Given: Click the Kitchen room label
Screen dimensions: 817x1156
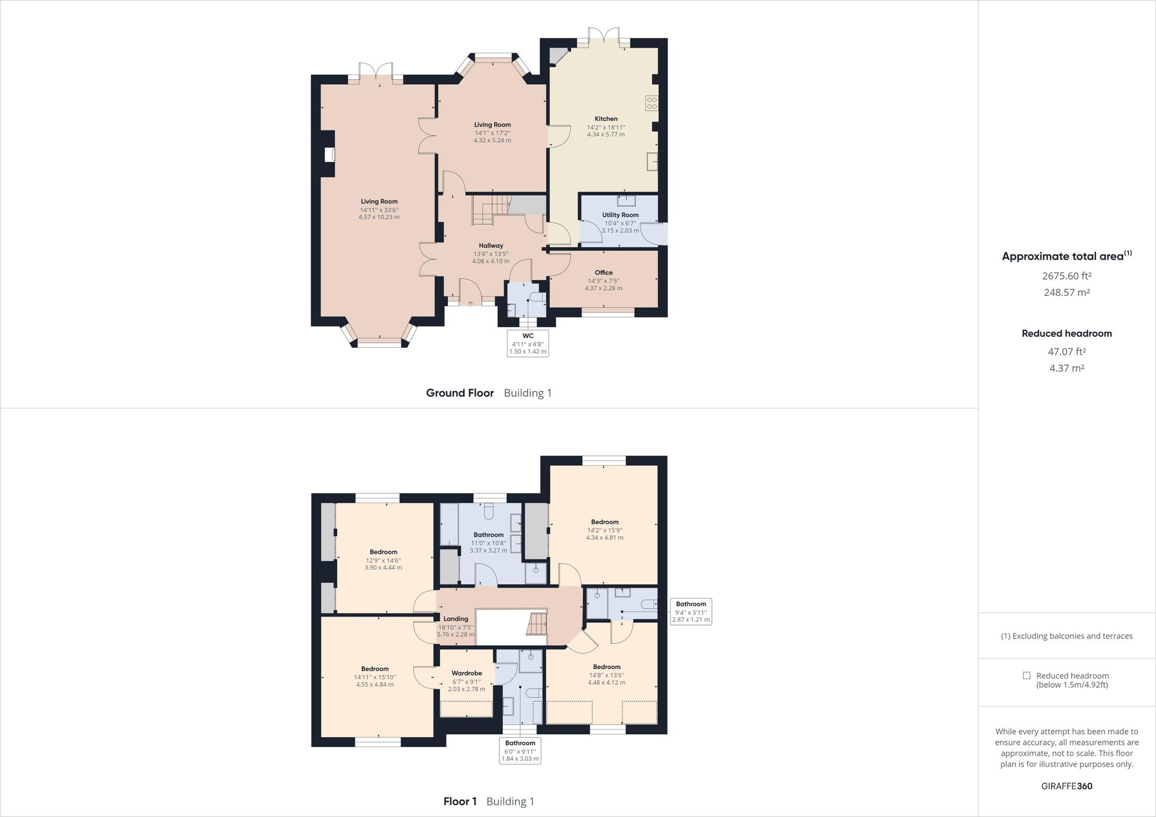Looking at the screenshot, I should coord(606,118).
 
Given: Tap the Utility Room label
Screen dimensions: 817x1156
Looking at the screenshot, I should coord(620,215).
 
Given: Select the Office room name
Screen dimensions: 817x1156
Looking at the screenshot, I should coord(603,273).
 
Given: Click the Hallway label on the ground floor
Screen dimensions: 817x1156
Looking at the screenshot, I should coord(491,246).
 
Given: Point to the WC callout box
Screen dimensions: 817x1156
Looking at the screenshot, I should coord(528,343).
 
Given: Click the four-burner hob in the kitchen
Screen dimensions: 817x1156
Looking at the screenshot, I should coord(652,103).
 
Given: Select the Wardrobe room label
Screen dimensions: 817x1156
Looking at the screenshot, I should coord(466,673).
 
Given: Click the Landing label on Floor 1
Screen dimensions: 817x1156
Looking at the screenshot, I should coord(455,619).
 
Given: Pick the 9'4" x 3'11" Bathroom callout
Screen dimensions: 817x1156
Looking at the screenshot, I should coord(691,612).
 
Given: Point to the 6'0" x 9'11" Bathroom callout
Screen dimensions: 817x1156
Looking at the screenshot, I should coord(520,751).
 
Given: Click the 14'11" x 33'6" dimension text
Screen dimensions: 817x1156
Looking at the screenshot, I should coord(379,210).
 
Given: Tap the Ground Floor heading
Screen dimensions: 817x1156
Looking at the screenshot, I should coord(460,393).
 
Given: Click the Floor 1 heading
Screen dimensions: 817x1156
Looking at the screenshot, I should coord(460,801).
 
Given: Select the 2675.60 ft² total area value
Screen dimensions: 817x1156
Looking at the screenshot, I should coord(1066,276).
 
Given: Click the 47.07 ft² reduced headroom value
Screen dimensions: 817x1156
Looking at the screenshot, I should coord(1066,351).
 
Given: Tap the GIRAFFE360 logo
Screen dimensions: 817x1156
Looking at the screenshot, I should coord(1066,786).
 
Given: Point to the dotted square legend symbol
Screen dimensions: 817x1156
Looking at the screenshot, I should coord(1026,675).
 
